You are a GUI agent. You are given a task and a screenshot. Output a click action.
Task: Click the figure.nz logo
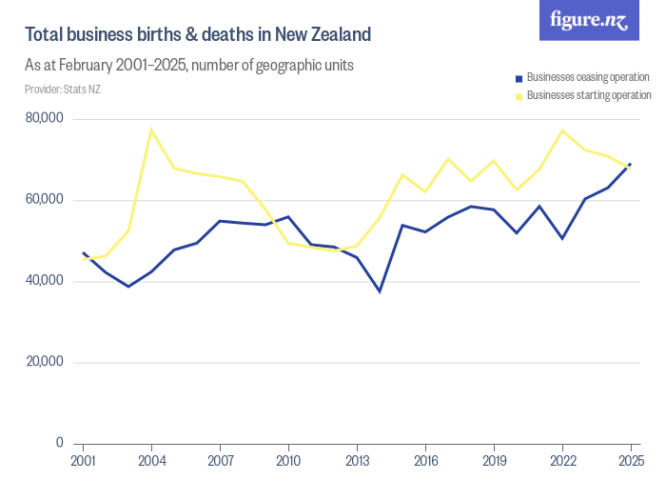pos(589,20)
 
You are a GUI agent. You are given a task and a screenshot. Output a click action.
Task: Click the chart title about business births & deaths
pos(197,35)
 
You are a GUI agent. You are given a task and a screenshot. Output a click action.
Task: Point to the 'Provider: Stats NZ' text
pos(62,90)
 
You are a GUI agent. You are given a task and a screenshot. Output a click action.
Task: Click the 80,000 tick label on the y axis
pos(45,119)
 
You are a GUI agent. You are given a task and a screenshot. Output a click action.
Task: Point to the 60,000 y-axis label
pos(45,200)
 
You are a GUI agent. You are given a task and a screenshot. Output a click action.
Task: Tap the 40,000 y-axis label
pos(45,281)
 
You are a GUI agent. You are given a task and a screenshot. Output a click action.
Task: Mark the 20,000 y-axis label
pos(45,362)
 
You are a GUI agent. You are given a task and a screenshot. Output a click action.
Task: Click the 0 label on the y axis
pos(59,443)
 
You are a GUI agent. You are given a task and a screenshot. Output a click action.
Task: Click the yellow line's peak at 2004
pos(151,130)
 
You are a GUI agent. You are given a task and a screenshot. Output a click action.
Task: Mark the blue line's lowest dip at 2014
pos(380,290)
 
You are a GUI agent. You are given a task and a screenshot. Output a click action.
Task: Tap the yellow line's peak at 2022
pos(562,130)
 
